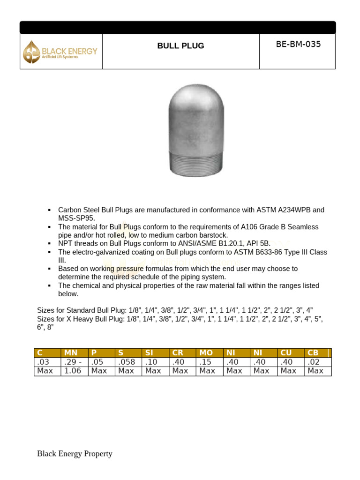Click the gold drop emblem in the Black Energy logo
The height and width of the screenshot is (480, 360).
pyautogui.click(x=32, y=52)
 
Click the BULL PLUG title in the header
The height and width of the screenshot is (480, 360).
pyautogui.click(x=180, y=46)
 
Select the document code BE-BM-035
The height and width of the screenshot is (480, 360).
pyautogui.click(x=298, y=45)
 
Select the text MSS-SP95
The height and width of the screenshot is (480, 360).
pyautogui.click(x=76, y=218)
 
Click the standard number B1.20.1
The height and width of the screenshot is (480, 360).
pyautogui.click(x=230, y=244)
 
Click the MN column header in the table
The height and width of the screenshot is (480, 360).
pyautogui.click(x=70, y=353)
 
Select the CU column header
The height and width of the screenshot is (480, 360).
pyautogui.click(x=285, y=353)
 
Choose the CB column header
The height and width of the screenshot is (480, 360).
pyautogui.click(x=313, y=353)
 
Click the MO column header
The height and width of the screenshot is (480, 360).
pyautogui.click(x=206, y=353)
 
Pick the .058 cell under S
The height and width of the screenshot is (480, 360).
pyautogui.click(x=127, y=362)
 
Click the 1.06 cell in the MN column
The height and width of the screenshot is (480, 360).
pyautogui.click(x=72, y=371)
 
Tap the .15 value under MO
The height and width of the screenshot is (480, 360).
pyautogui.click(x=205, y=362)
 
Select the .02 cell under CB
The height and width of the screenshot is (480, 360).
pyautogui.click(x=314, y=362)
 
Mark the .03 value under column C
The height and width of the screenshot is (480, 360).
pyautogui.click(x=43, y=362)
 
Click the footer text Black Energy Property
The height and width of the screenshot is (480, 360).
pyautogui.click(x=75, y=454)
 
